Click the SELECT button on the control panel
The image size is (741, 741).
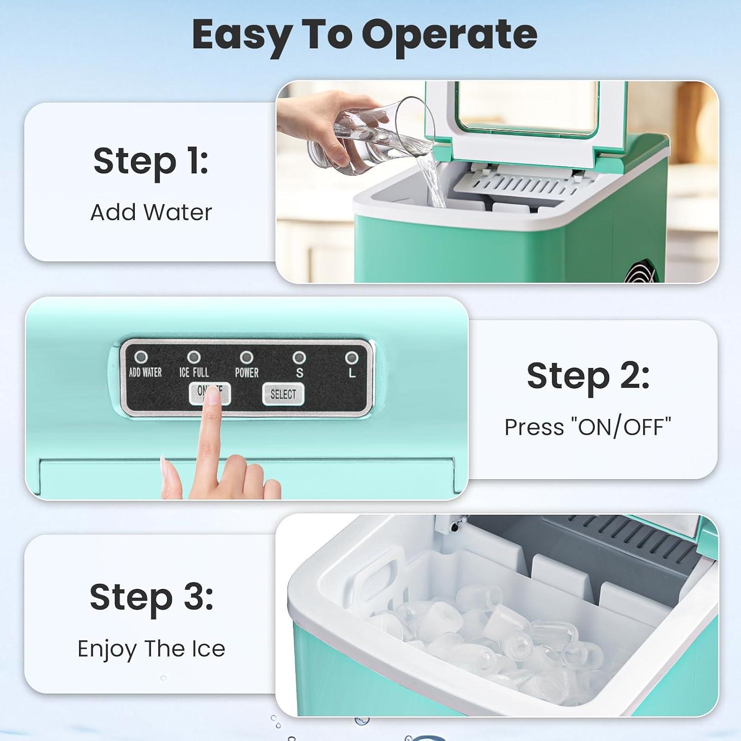pyautogui.click(x=283, y=394)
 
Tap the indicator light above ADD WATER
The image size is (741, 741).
pyautogui.click(x=141, y=357)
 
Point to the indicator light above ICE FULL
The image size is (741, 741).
pyautogui.click(x=193, y=357)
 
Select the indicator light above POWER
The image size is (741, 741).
pyautogui.click(x=246, y=357)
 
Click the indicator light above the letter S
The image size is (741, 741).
pyautogui.click(x=299, y=357)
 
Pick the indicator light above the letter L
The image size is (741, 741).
pyautogui.click(x=352, y=357)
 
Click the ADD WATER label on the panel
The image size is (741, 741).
pyautogui.click(x=145, y=372)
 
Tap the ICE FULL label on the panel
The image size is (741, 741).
pyautogui.click(x=194, y=372)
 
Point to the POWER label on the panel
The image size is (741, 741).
pyautogui.click(x=247, y=372)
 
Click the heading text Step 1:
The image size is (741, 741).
pyautogui.click(x=151, y=162)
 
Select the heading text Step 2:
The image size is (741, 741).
pyautogui.click(x=588, y=376)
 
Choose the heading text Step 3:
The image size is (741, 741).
pyautogui.click(x=151, y=597)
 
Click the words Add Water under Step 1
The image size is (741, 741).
pyautogui.click(x=151, y=212)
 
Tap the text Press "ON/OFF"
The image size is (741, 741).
pyautogui.click(x=588, y=427)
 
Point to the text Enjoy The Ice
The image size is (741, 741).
pyautogui.click(x=151, y=649)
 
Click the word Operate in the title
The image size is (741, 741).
pyautogui.click(x=450, y=36)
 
